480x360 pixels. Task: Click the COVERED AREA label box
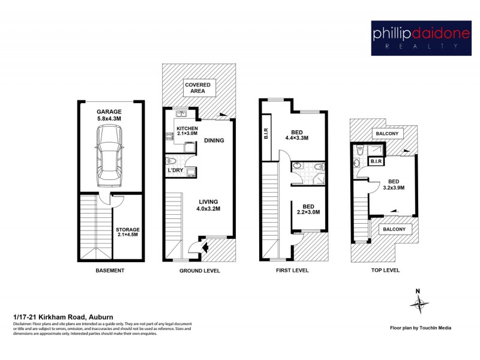pyautogui.click(x=197, y=88)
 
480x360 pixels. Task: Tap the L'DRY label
pyautogui.click(x=175, y=171)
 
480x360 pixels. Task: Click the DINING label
pyautogui.click(x=214, y=141)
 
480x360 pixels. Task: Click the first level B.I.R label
pyautogui.click(x=266, y=134)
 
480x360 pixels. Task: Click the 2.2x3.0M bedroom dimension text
pyautogui.click(x=308, y=212)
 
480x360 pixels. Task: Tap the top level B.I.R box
pyautogui.click(x=376, y=161)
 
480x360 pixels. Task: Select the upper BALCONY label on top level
pyautogui.click(x=386, y=133)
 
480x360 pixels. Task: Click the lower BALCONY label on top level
pyautogui.click(x=394, y=229)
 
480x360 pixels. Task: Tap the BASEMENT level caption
pyautogui.click(x=110, y=271)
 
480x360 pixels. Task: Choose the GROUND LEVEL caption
pyautogui.click(x=200, y=271)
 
